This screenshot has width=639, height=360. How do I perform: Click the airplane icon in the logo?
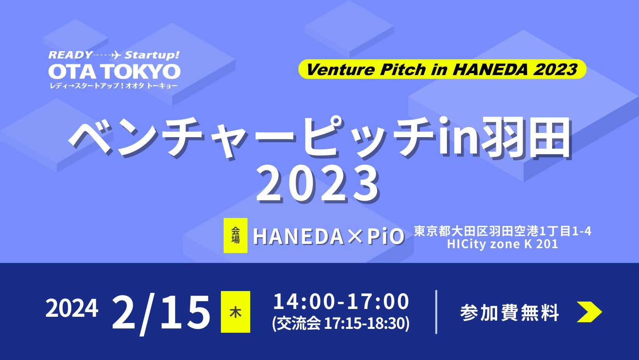(116, 55)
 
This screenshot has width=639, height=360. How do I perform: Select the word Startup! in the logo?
(152, 55)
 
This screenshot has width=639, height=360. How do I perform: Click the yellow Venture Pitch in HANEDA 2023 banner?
(442, 69)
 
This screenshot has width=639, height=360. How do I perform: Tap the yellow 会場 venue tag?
(235, 235)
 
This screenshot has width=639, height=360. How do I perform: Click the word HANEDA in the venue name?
(298, 236)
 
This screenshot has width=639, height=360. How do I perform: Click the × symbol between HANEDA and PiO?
(355, 237)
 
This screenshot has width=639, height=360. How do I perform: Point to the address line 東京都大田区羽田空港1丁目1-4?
(503, 231)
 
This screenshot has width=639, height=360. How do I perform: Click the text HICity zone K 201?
(503, 244)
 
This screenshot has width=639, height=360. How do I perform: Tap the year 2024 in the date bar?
(72, 308)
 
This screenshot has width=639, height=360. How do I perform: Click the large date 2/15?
(161, 312)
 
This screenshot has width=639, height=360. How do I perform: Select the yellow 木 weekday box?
(235, 312)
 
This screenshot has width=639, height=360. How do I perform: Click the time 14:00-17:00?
(341, 302)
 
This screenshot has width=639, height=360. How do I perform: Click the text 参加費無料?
(510, 312)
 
